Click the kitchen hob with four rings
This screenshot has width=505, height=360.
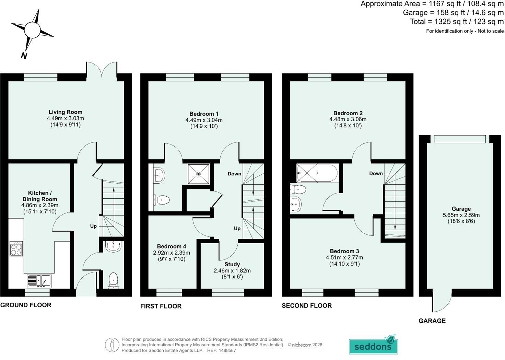tap(16, 248)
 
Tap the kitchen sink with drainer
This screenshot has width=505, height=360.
tap(39, 281)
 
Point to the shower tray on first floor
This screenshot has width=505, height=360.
tap(198, 174)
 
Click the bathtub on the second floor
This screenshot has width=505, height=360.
tap(317, 173)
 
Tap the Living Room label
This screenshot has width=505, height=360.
tap(66, 112)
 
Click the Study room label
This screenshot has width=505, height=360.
tap(232, 264)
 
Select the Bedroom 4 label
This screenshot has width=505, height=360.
tap(172, 246)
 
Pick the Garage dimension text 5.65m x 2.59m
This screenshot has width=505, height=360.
tap(461, 215)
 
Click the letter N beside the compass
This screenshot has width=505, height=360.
tap(24, 56)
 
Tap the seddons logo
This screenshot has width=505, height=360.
tap(373, 345)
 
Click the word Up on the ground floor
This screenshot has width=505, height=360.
tap(93, 226)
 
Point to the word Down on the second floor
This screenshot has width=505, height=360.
tap(376, 173)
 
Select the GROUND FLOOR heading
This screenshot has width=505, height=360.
tap(26, 305)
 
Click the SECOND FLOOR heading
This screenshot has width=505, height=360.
tap(307, 306)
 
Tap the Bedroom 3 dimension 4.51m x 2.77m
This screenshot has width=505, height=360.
tap(344, 257)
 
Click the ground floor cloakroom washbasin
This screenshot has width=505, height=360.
tap(114, 246)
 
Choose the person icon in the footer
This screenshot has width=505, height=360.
tap(112, 345)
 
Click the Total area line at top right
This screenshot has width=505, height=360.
tap(457, 22)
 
